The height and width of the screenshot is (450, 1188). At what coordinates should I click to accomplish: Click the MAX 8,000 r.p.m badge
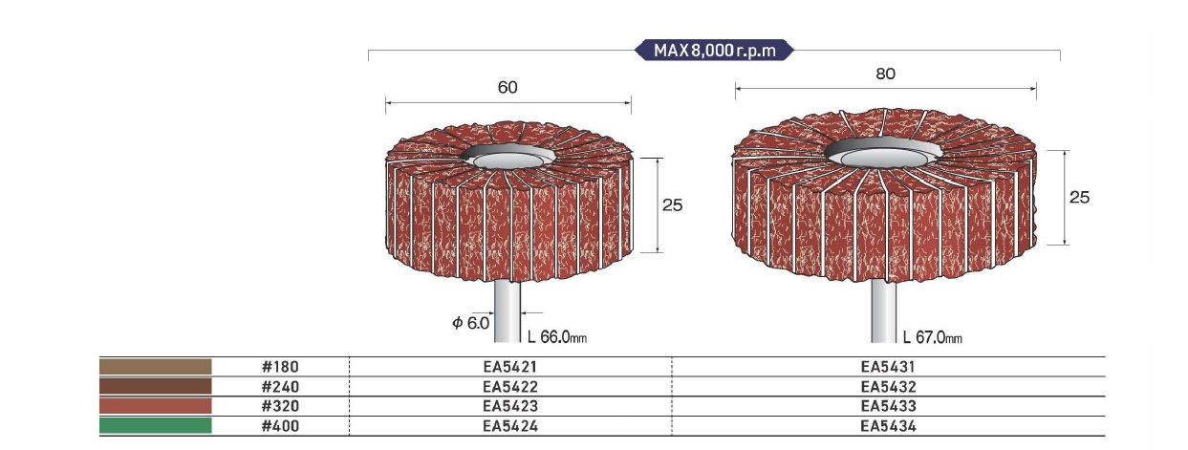[x=714, y=51]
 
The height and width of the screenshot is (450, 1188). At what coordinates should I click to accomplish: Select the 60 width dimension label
[x=508, y=88]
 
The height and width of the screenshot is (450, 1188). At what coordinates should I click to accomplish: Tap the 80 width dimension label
[x=885, y=74]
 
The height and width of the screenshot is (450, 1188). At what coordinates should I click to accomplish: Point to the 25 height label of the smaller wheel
[x=672, y=205]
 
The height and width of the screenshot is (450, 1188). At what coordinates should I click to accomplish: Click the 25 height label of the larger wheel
[x=1079, y=197]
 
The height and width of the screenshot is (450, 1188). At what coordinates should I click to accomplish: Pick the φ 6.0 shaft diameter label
[x=471, y=322]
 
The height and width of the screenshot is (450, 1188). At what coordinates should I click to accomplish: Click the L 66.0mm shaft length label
[x=557, y=336]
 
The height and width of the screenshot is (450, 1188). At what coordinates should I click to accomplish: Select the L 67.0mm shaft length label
[x=933, y=337]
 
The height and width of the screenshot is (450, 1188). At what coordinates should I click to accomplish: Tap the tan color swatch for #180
[x=156, y=367]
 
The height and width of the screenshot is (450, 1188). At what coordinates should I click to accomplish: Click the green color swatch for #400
[x=156, y=425]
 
